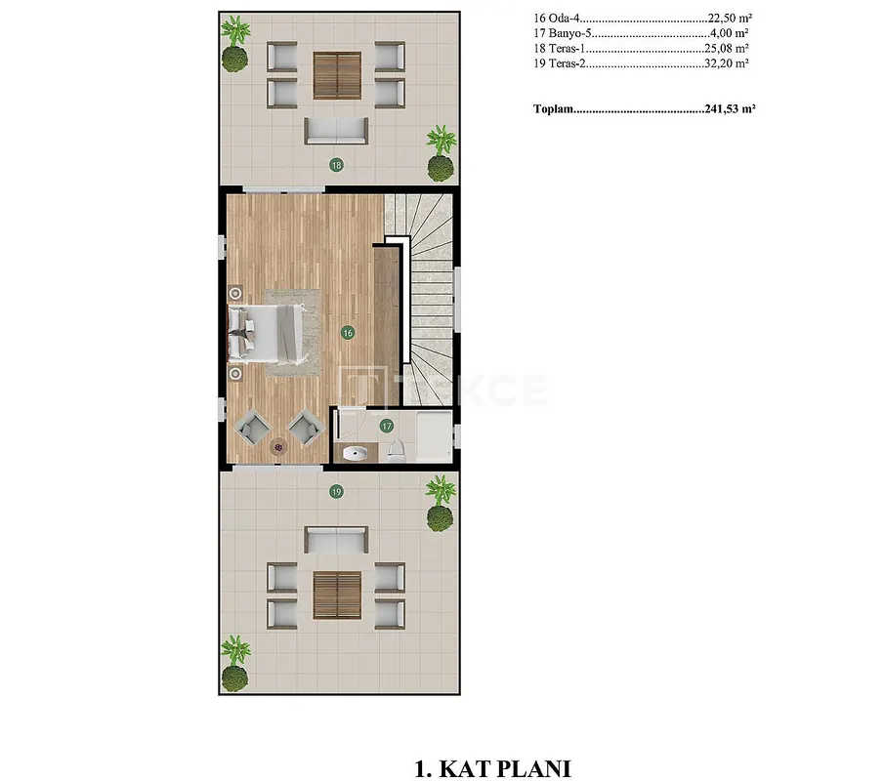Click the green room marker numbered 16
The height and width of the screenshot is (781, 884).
[x=348, y=333]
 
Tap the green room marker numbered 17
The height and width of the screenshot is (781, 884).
[x=386, y=426]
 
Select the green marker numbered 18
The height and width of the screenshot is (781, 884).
[x=337, y=165]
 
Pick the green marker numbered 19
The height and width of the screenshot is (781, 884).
[x=337, y=492]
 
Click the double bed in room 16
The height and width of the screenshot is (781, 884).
[x=267, y=334]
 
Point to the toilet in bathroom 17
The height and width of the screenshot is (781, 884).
[x=397, y=450]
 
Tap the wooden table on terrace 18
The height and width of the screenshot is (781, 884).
[x=337, y=75]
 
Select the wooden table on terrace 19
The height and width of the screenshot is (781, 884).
[x=337, y=596]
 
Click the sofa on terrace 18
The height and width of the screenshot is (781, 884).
[x=336, y=131]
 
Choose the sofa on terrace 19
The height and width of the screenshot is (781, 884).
[x=336, y=540]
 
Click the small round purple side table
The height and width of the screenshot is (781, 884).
[x=278, y=447]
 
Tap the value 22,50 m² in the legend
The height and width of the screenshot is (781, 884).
[x=730, y=18]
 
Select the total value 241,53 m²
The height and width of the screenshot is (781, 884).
[x=730, y=108]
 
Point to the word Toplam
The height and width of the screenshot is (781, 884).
[x=553, y=108]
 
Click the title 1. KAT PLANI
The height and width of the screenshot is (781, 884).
[x=492, y=768]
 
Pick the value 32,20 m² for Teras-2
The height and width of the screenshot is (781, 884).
[x=727, y=63]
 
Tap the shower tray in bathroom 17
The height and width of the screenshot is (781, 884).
[x=434, y=436]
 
